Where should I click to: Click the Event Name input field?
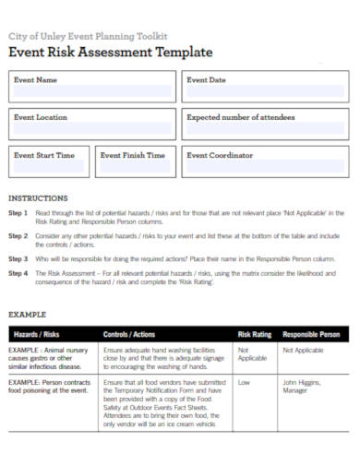click(92, 92)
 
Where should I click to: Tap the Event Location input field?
click(92, 130)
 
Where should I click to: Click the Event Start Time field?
click(49, 168)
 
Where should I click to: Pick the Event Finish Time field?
click(135, 168)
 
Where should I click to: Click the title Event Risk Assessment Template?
click(111, 53)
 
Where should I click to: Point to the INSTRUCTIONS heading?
click(38, 198)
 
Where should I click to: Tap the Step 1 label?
click(18, 213)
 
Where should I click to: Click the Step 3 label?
click(18, 259)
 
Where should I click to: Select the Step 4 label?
click(18, 274)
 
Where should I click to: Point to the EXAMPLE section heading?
click(27, 315)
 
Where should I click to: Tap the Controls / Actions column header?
click(129, 334)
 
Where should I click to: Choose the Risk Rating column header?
click(255, 334)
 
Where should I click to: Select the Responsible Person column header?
click(311, 334)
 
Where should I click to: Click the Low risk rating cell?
click(245, 381)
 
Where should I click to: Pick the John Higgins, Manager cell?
click(303, 386)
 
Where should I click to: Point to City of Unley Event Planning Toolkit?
click(88, 35)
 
